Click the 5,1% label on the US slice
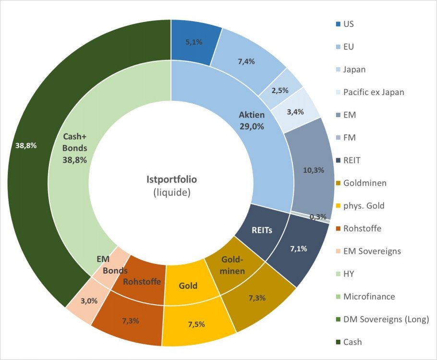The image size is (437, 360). click(x=194, y=42)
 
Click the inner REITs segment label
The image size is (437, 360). click(x=262, y=230)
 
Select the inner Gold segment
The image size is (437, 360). click(x=188, y=286)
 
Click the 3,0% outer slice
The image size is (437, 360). click(x=89, y=301)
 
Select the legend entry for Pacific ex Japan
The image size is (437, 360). click(x=374, y=92)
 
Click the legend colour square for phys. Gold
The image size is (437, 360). click(x=338, y=206)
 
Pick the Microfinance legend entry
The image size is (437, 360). click(x=369, y=297)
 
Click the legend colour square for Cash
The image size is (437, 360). click(x=338, y=342)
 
